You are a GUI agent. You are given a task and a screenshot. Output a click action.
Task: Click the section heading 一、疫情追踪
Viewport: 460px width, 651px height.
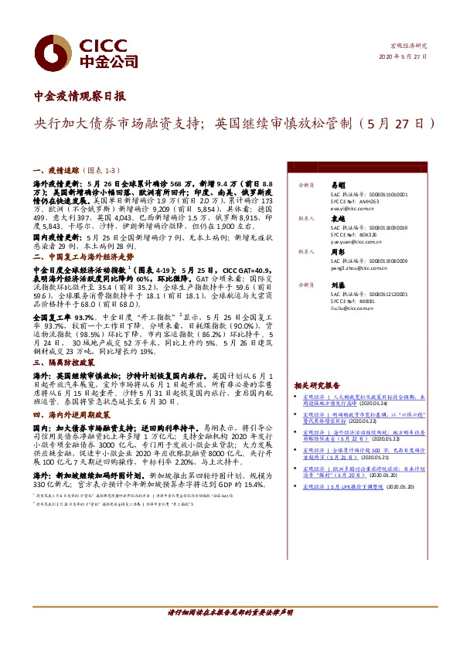pos(58,169)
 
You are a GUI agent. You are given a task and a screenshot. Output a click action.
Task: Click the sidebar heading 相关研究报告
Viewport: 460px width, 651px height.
pos(316,385)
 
